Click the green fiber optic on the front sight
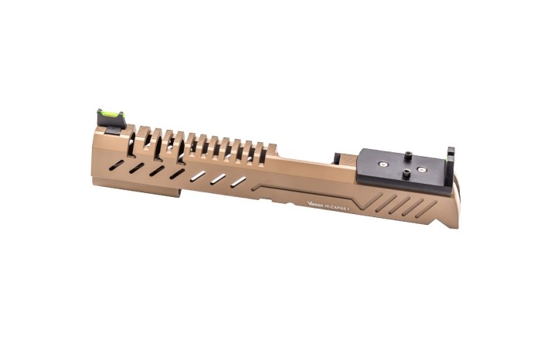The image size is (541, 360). point(110,115)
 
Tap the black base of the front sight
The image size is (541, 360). point(111,127)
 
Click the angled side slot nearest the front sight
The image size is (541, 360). point(115,164)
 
